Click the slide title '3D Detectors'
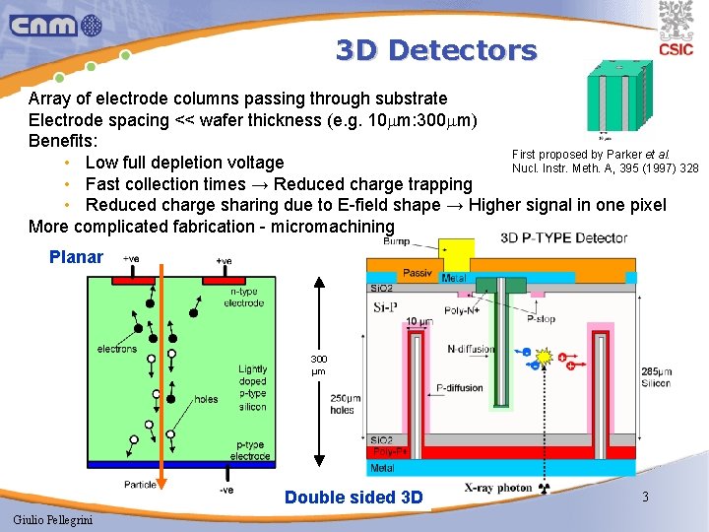[436, 50]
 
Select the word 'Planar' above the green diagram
[76, 257]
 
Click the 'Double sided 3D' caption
[353, 498]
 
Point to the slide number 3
[645, 497]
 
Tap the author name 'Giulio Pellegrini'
[54, 519]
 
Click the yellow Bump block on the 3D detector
[456, 252]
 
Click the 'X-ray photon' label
[498, 489]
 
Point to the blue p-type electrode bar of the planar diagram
[166, 464]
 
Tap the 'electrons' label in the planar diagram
[117, 349]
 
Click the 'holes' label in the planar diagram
[206, 399]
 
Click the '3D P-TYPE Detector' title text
[563, 237]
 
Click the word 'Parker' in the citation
[634, 155]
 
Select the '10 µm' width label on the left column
[419, 321]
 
